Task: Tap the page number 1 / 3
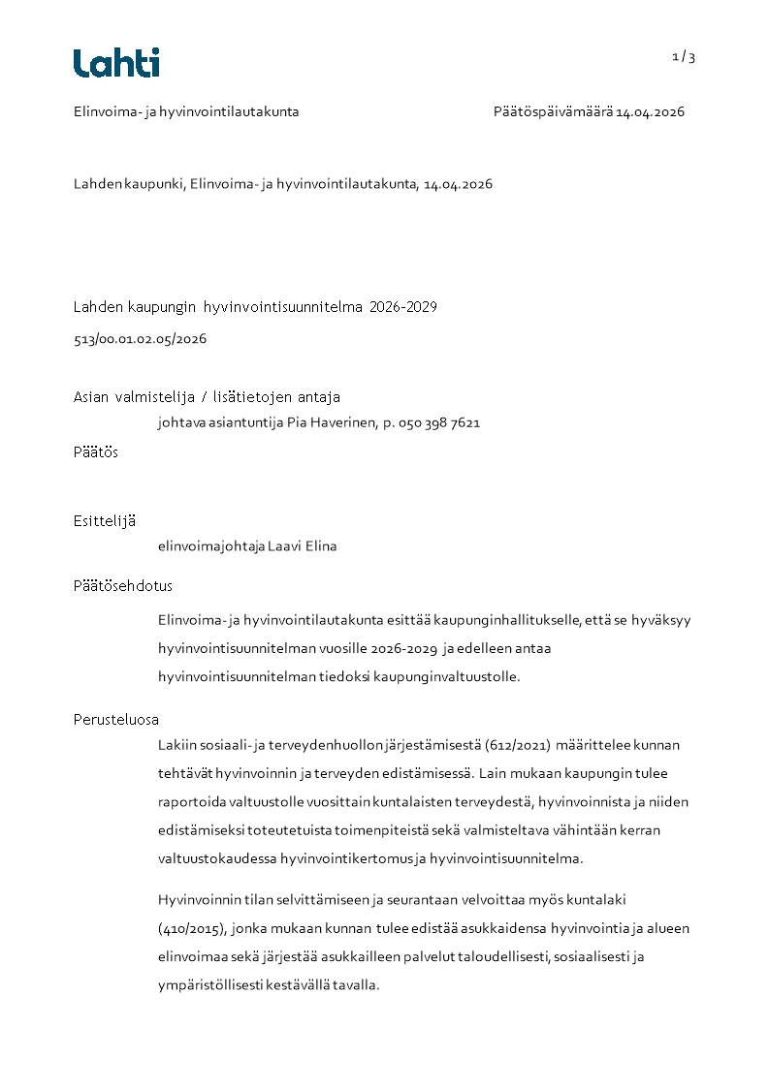point(684,57)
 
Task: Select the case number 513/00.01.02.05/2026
point(140,339)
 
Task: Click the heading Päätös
point(96,451)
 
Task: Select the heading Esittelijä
point(105,520)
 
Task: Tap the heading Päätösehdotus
point(123,586)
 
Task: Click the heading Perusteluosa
point(116,719)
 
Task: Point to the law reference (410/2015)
point(192,928)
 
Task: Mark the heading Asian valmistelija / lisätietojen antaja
point(207,396)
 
